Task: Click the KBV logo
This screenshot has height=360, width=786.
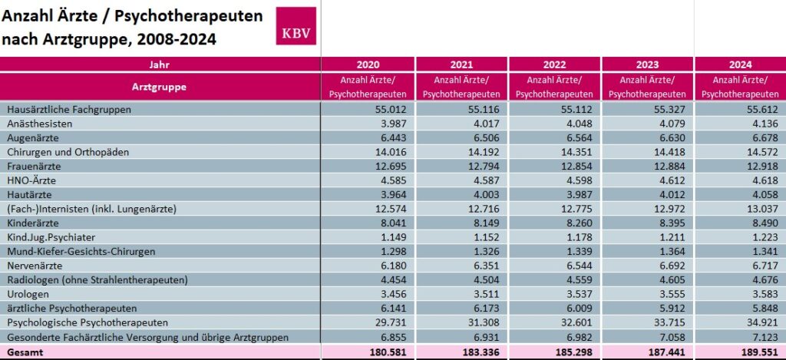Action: point(296,26)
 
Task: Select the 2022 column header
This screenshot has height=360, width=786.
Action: point(554,64)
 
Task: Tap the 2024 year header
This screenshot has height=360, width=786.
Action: point(741,64)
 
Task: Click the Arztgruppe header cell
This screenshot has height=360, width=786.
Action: point(159,87)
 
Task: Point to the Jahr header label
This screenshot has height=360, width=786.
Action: point(159,64)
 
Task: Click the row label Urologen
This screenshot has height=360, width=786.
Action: point(28,294)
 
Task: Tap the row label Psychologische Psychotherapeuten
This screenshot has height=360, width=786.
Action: point(87,322)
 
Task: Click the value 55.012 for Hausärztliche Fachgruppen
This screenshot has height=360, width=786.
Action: point(385,110)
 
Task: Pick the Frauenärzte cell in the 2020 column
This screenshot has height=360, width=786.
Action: point(385,167)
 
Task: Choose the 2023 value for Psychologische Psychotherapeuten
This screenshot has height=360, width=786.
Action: point(665,322)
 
